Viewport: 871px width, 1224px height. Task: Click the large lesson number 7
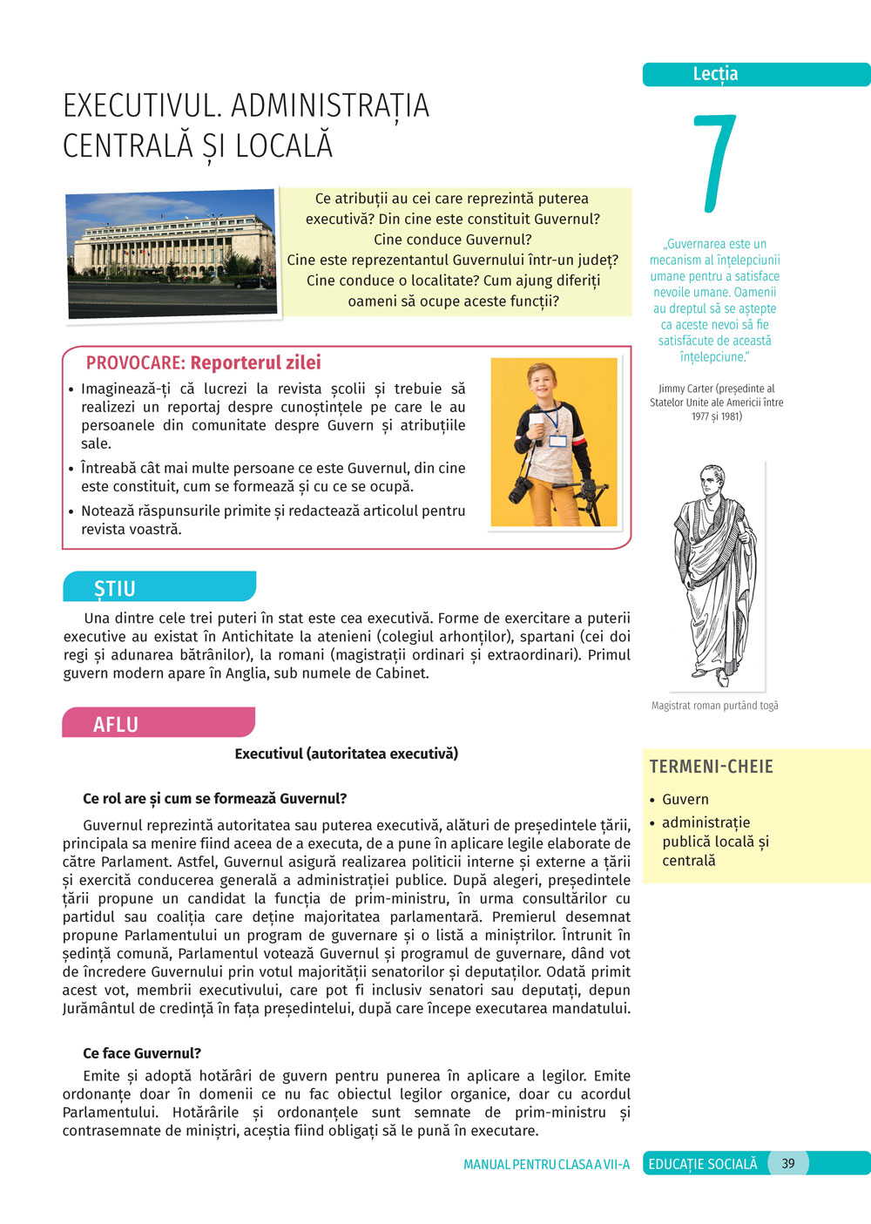point(715,163)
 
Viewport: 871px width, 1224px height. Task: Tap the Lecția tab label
point(715,74)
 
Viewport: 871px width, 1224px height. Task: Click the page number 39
point(788,1163)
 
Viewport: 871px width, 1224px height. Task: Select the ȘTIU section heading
point(115,589)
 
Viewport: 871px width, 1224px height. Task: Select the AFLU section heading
point(116,724)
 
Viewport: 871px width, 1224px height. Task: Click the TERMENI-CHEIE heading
point(711,767)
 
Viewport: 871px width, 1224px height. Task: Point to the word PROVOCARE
point(135,363)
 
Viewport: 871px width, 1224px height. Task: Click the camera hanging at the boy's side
point(520,490)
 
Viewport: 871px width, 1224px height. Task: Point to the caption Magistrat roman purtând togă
point(714,706)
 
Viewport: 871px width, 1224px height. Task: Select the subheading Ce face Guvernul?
point(142,1053)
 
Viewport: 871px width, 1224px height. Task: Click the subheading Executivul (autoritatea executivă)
point(346,754)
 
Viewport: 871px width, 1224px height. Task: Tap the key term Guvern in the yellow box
point(685,799)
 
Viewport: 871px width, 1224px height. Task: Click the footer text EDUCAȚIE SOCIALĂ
point(703,1164)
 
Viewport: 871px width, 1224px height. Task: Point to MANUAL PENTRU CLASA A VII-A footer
point(546,1164)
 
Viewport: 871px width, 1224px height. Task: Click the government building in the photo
point(172,246)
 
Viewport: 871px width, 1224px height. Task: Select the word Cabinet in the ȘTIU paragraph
point(401,673)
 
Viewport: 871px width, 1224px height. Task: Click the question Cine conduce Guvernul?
point(453,240)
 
